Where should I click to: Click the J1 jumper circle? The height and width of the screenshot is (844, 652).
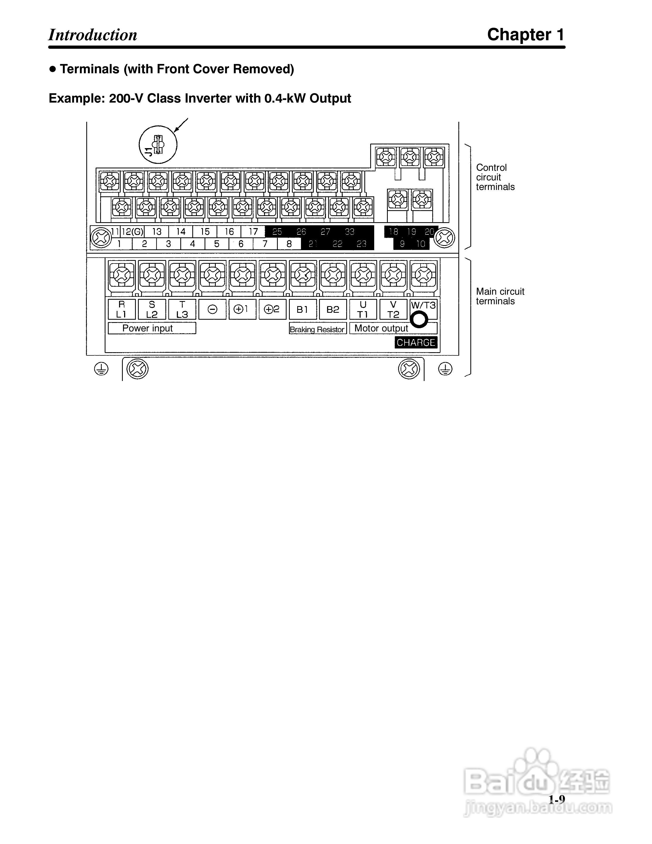(158, 145)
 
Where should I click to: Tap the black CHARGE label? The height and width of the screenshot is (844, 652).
(416, 342)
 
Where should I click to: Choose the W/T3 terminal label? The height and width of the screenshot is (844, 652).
(423, 305)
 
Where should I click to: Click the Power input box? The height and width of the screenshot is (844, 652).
(151, 328)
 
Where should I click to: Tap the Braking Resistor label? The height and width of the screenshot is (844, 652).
(317, 329)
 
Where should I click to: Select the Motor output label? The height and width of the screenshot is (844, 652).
(381, 328)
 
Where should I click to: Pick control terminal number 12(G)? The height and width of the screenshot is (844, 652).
(132, 232)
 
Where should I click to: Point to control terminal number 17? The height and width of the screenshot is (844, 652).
(253, 232)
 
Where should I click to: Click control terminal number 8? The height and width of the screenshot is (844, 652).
(289, 244)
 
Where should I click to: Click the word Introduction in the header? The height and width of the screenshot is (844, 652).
(93, 35)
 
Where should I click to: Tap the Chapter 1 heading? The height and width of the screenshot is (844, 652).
(525, 35)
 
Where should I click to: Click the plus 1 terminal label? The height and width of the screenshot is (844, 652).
(242, 309)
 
